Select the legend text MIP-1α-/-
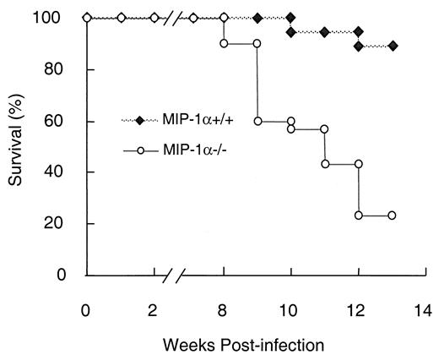tap(196, 150)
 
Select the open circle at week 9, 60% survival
tap(257, 121)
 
